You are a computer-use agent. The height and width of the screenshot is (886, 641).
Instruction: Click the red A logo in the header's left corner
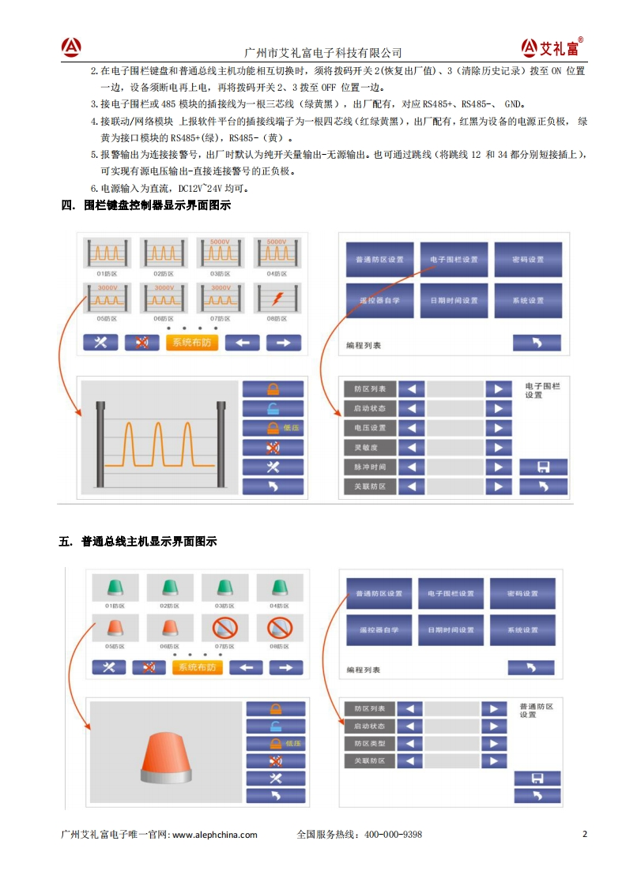[72, 47]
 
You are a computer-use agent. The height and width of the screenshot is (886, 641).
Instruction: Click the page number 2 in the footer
[584, 834]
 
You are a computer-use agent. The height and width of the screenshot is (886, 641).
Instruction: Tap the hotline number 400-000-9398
[393, 835]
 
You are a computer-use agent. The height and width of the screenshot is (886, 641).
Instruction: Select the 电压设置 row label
[370, 428]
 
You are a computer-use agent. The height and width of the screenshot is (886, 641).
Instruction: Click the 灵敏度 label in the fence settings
[370, 448]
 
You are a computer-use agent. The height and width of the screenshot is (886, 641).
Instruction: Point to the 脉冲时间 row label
[370, 467]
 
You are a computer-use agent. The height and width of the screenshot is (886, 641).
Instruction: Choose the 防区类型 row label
[370, 743]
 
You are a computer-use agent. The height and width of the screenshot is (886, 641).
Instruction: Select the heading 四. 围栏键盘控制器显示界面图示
[145, 206]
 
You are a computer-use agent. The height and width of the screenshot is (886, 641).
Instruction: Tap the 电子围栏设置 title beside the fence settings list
[542, 391]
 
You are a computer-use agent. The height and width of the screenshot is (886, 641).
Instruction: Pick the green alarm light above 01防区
[116, 587]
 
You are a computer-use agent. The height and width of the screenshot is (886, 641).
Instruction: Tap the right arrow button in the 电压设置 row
[498, 428]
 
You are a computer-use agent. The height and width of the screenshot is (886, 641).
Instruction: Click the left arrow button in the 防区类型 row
[409, 743]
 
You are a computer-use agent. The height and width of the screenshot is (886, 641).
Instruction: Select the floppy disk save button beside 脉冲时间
[543, 467]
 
